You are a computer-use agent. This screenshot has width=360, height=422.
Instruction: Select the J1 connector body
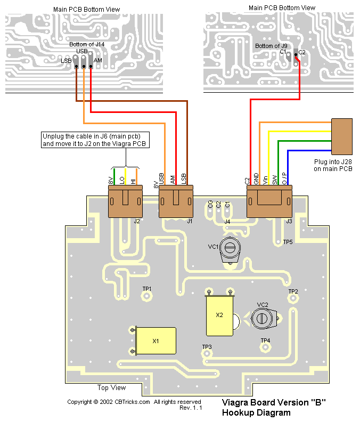[176, 201]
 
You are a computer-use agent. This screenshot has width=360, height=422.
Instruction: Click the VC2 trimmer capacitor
[261, 318]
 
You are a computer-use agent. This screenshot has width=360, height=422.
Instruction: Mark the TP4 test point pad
[265, 347]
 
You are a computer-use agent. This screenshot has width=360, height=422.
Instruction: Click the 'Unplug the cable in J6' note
[95, 140]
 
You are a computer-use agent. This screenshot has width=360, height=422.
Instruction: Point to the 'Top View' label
[112, 387]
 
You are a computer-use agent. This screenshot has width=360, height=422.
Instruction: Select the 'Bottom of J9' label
[271, 46]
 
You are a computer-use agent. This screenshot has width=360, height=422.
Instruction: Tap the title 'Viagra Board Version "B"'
[273, 403]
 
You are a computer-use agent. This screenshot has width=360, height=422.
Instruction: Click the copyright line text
[134, 402]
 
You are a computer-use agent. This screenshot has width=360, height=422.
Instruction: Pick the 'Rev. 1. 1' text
[191, 408]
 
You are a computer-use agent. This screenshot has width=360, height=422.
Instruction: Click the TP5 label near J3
[288, 242]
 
